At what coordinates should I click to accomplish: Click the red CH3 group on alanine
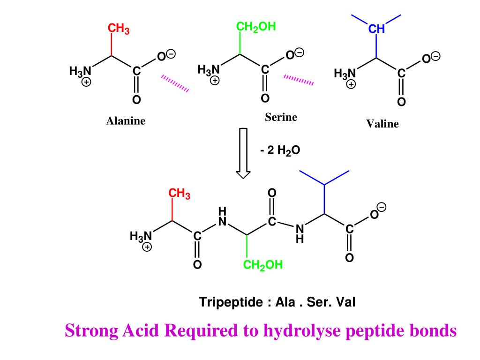click(x=119, y=29)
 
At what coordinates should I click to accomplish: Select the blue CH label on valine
click(x=376, y=30)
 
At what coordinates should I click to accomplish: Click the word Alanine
click(x=126, y=121)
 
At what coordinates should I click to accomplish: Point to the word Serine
click(x=281, y=117)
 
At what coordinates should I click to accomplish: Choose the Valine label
click(x=382, y=124)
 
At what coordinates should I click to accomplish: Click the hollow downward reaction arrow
click(x=243, y=153)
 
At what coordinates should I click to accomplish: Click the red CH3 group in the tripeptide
click(x=180, y=194)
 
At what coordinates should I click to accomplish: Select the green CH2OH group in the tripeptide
click(x=263, y=265)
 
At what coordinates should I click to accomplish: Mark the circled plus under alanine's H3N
click(x=87, y=82)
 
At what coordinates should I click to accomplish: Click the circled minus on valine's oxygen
click(x=436, y=56)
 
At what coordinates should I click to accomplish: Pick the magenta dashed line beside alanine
click(x=175, y=83)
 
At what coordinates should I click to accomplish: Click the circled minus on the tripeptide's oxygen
click(x=382, y=207)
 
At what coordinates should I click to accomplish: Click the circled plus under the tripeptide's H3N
click(x=147, y=247)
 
